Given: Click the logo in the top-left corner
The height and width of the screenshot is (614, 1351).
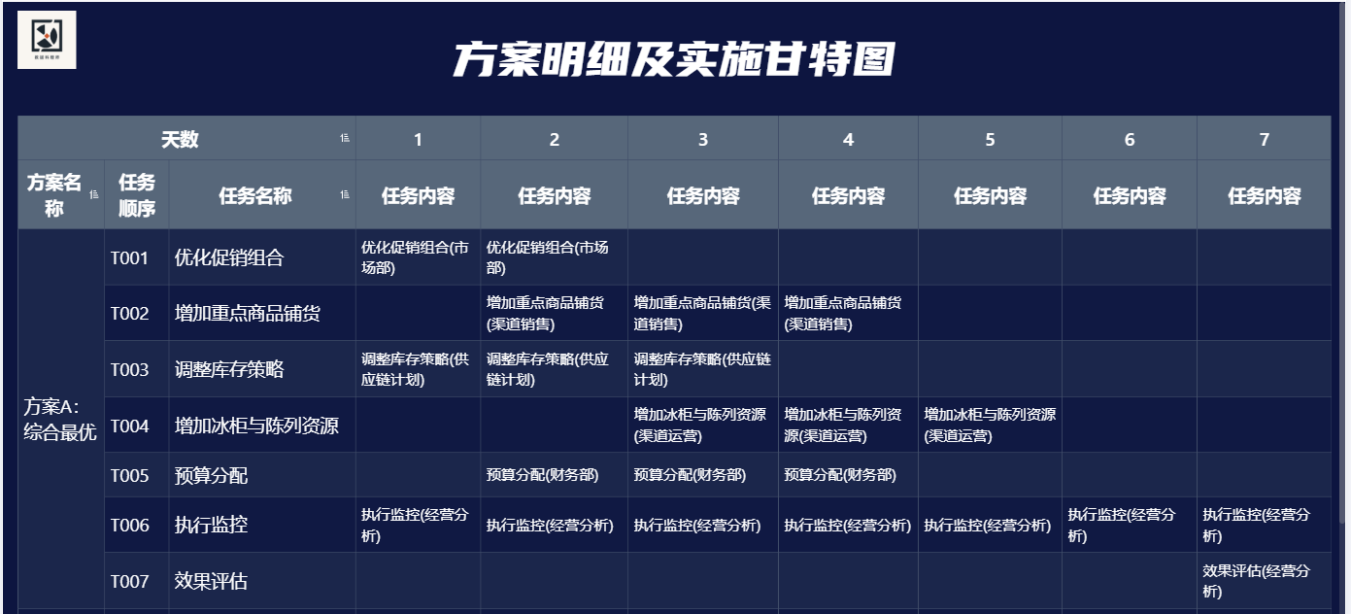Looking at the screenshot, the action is tap(47, 39).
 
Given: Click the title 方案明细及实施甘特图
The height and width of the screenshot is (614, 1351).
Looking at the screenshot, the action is tap(674, 59).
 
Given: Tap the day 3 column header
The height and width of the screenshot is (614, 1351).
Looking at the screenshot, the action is tap(702, 140).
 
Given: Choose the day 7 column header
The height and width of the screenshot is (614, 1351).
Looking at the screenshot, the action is tap(1265, 140).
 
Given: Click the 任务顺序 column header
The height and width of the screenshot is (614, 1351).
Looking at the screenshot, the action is tap(137, 195).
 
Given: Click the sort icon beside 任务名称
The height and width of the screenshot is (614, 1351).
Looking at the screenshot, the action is tap(345, 194).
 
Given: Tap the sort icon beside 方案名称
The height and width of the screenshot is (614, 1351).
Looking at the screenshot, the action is tap(93, 194).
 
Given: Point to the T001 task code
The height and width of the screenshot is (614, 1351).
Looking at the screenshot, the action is tap(129, 258).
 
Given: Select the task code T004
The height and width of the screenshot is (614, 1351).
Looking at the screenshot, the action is tap(129, 426).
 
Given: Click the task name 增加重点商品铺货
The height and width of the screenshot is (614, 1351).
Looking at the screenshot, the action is tap(248, 314).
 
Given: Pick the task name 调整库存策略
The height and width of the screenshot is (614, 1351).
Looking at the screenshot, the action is tap(229, 369).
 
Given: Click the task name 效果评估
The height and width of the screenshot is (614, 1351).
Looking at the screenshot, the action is tap(211, 581).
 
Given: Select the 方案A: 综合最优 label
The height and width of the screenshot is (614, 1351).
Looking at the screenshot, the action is tap(59, 419).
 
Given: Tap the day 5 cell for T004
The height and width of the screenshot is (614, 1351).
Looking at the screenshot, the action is tap(990, 426).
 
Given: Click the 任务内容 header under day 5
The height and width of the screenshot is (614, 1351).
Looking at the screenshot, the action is tap(990, 195).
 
